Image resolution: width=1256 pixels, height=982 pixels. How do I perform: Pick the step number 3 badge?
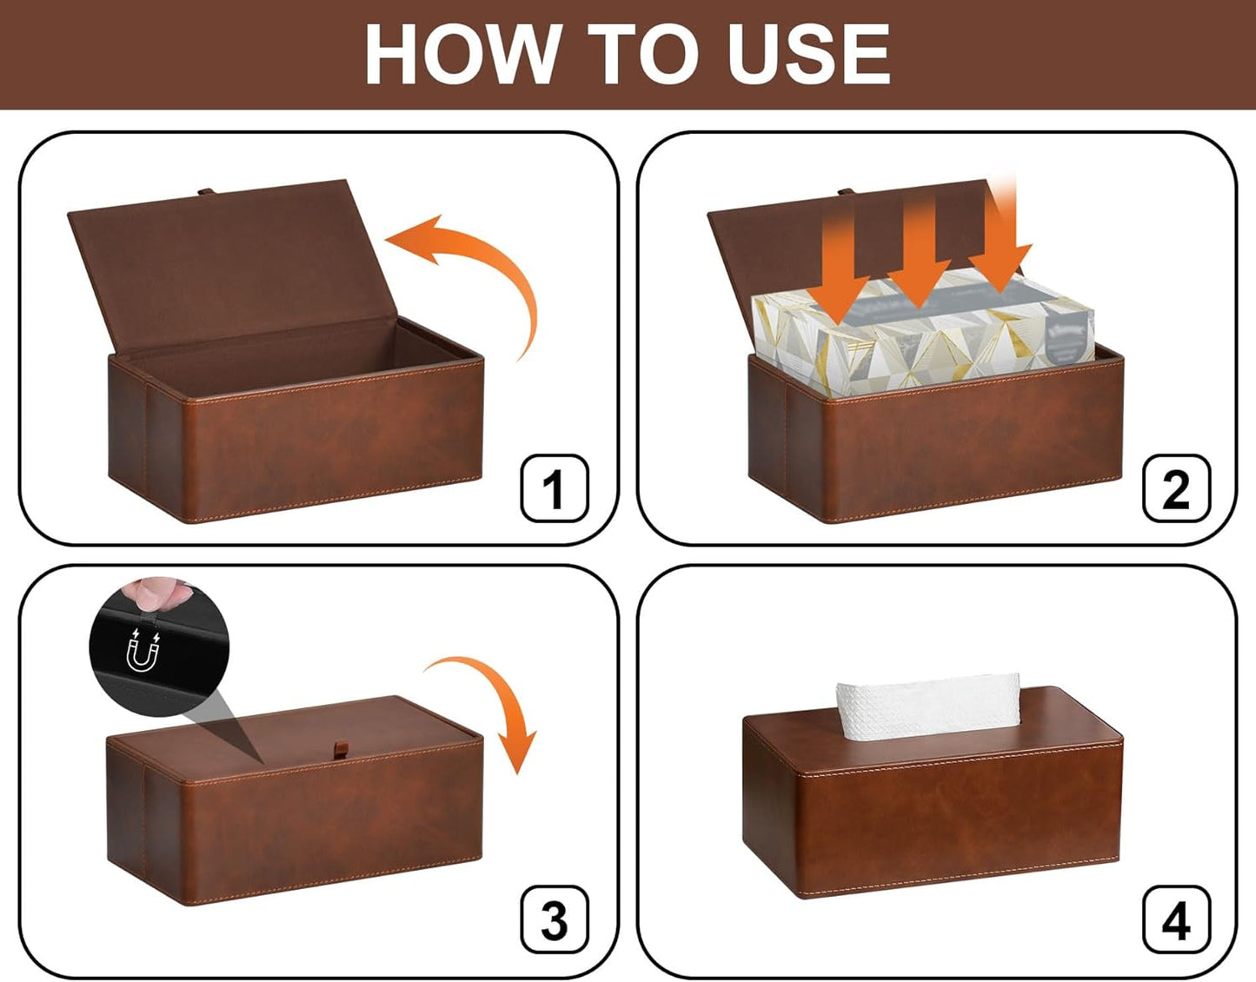[x=555, y=919]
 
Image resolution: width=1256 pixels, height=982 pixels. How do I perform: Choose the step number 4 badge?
[x=1176, y=919]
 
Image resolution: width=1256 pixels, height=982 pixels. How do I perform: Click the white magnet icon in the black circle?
[x=143, y=651]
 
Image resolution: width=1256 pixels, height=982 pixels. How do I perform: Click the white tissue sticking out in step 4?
[x=927, y=706]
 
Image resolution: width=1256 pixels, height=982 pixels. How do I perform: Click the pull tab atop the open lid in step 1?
[x=206, y=192]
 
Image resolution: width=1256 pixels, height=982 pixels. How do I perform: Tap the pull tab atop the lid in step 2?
[x=845, y=192]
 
